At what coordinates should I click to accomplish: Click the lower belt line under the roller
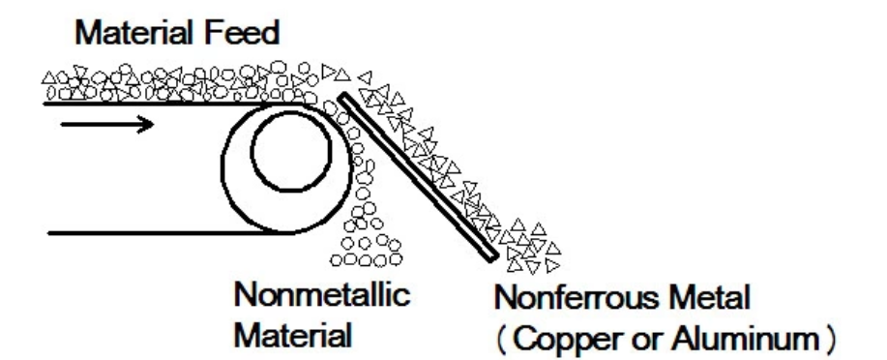(145, 233)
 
